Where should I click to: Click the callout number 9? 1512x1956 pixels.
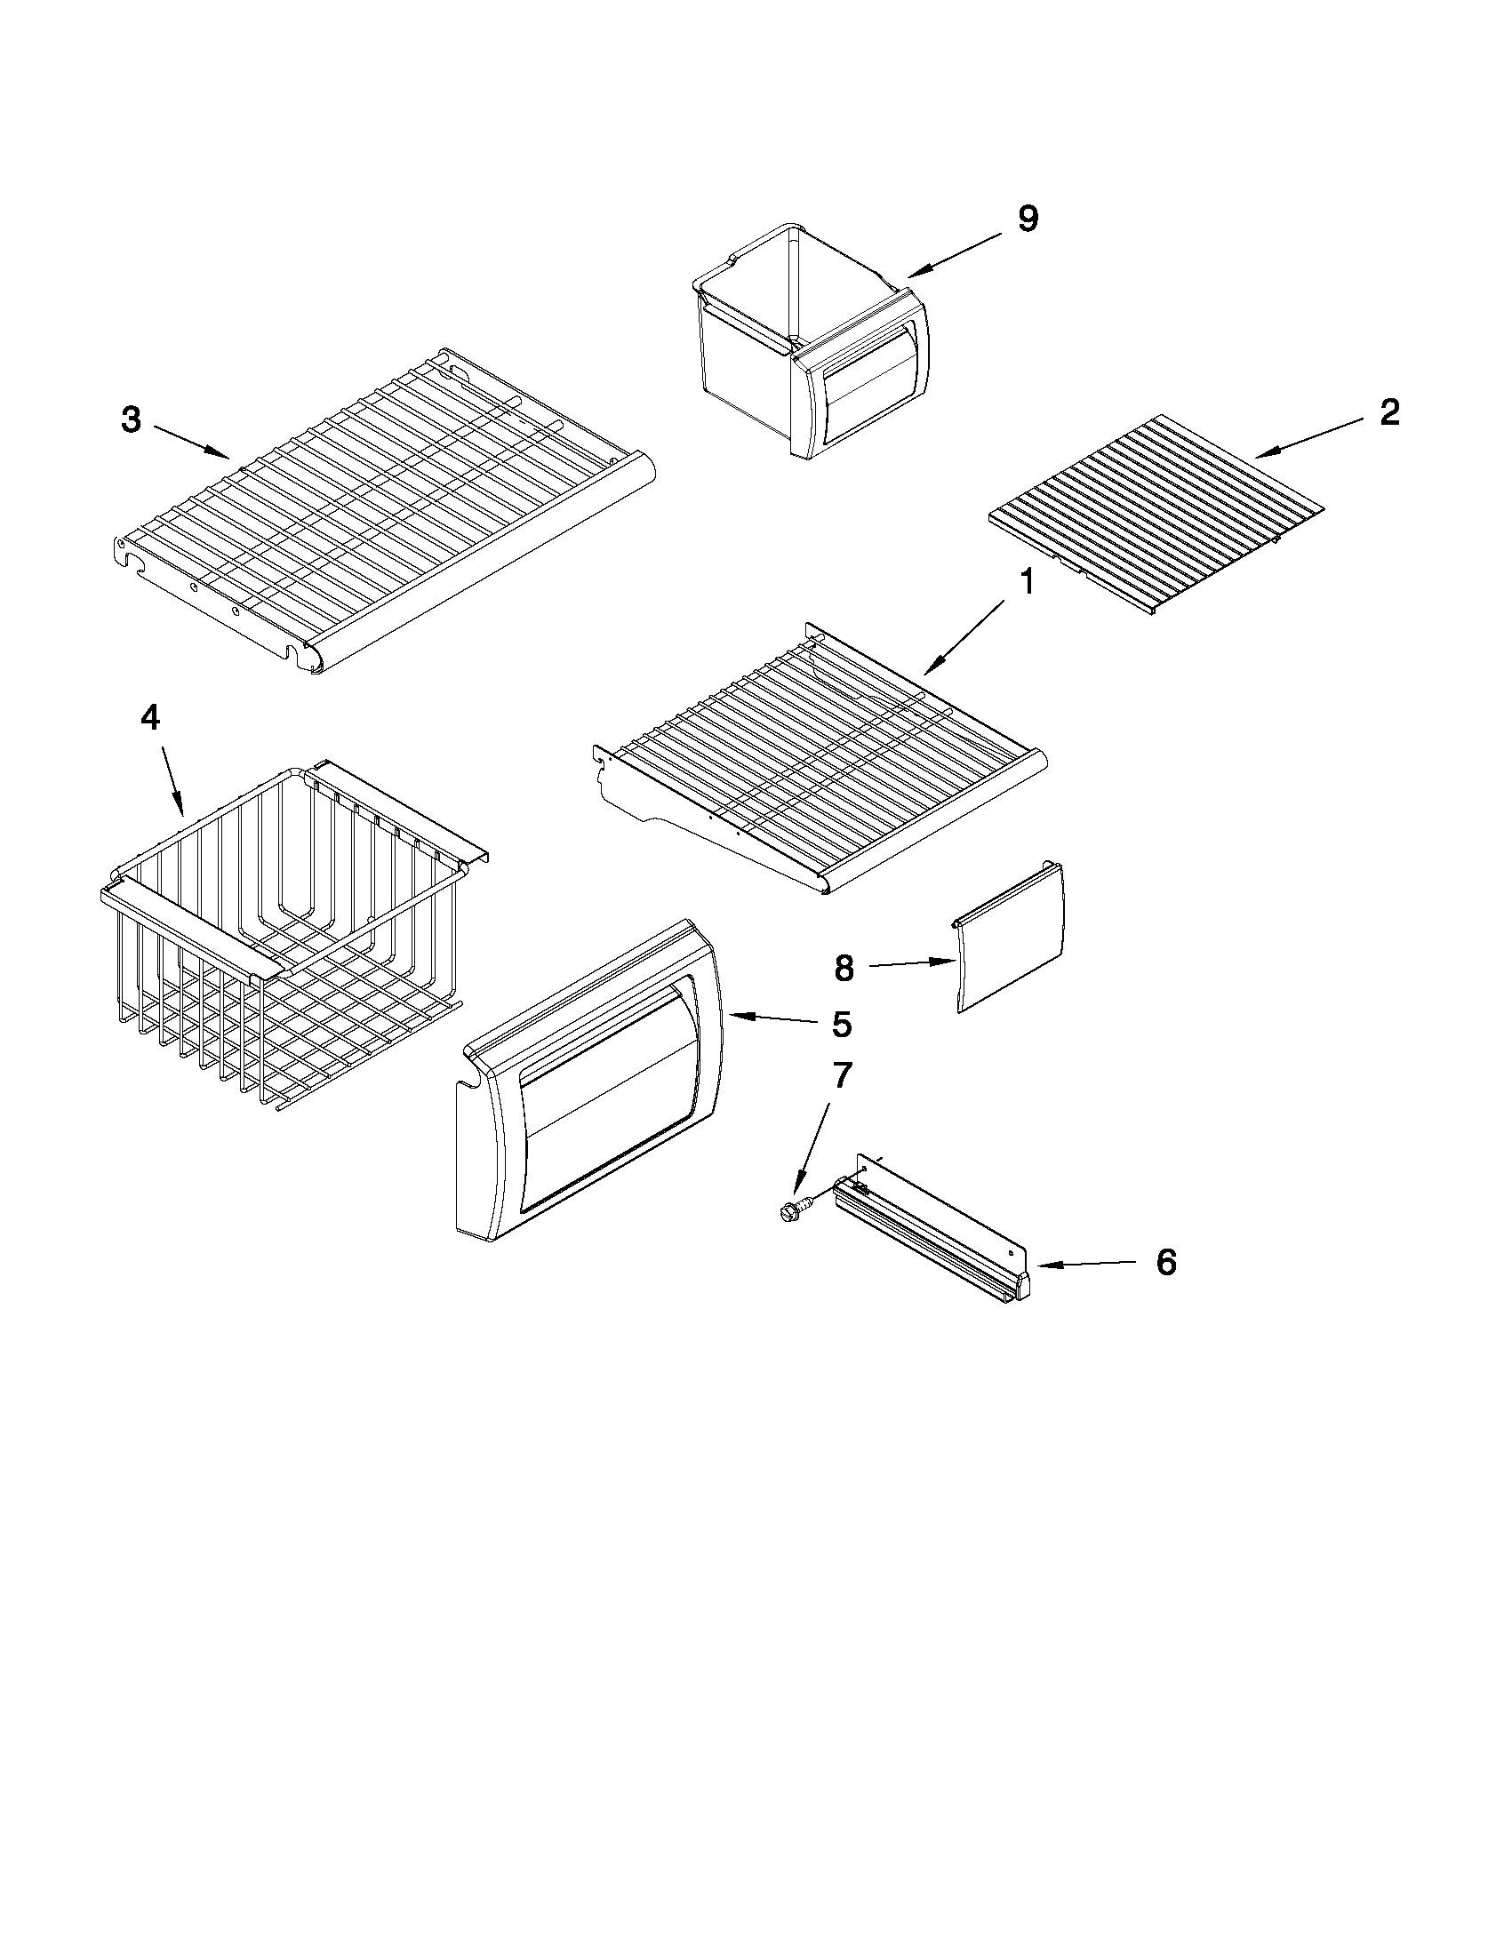coord(1028,220)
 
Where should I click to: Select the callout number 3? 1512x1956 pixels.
coord(132,419)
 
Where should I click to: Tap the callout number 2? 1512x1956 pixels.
coord(1388,413)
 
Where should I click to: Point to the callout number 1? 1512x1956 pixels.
coord(1027,583)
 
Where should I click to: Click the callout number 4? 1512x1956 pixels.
coord(150,717)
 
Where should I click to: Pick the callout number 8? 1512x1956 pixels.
coord(844,968)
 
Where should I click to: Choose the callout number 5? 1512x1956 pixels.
coord(841,1025)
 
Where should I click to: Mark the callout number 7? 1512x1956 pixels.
coord(843,1075)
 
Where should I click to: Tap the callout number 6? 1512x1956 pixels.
coord(1165,1262)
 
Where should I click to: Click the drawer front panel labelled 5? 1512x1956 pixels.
coord(591,1083)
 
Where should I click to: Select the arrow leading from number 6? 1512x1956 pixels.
coord(1088,1264)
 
